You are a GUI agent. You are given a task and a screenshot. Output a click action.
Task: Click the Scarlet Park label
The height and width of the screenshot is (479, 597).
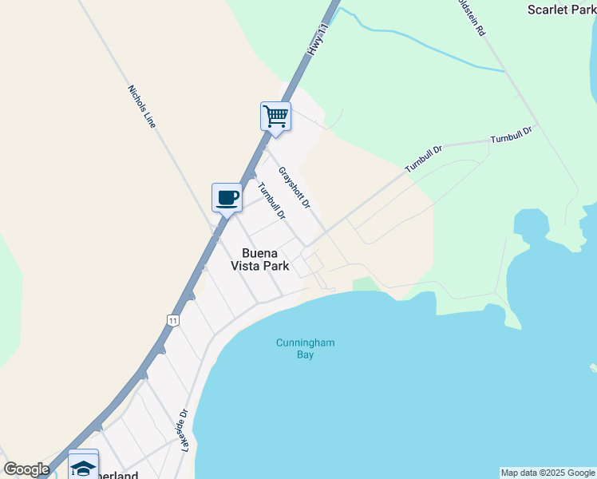(562, 10)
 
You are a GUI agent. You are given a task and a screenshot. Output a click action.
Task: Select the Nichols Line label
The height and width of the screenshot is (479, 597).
(142, 106)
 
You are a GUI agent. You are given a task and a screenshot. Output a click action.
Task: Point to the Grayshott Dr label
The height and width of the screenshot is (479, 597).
(294, 188)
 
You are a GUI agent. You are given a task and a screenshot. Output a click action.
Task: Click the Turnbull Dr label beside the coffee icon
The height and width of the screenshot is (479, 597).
(271, 201)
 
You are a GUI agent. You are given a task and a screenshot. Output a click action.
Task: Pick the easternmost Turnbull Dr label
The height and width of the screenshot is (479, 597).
(511, 135)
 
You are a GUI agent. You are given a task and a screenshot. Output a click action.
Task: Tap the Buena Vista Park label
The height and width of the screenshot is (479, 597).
(260, 259)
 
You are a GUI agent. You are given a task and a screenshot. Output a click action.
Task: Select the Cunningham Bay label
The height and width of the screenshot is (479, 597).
(305, 348)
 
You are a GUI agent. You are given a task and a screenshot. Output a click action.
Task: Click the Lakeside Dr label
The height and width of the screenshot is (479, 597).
(183, 429)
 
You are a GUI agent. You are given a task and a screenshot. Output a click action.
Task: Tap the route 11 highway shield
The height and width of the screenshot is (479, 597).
(172, 319)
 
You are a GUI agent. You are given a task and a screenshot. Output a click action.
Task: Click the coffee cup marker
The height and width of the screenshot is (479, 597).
(227, 197)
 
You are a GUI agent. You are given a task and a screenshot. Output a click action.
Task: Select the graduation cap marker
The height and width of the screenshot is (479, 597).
(83, 465)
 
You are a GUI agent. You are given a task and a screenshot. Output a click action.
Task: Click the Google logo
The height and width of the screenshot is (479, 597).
(26, 469)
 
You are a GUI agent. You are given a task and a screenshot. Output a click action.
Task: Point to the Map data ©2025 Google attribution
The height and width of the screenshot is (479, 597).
(548, 473)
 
